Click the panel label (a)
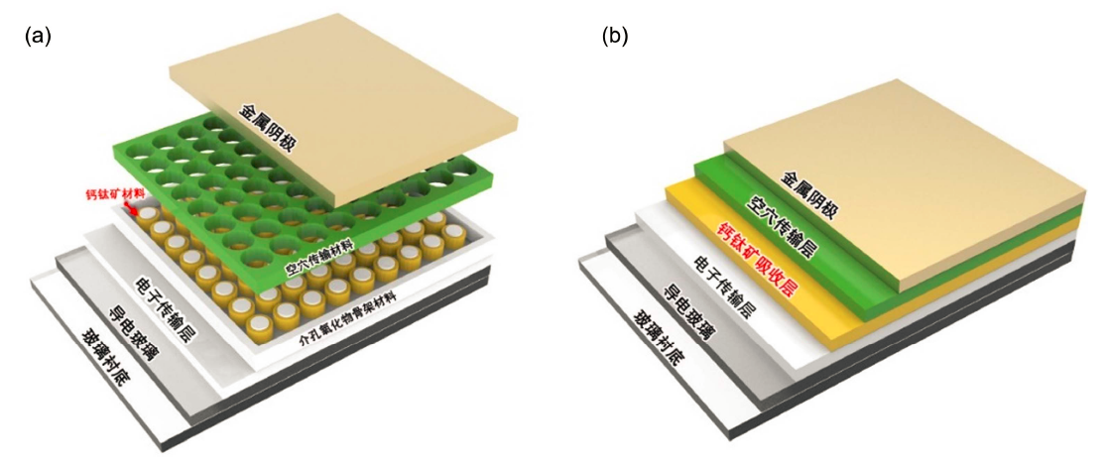coord(37,37)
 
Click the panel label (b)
coord(615,37)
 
